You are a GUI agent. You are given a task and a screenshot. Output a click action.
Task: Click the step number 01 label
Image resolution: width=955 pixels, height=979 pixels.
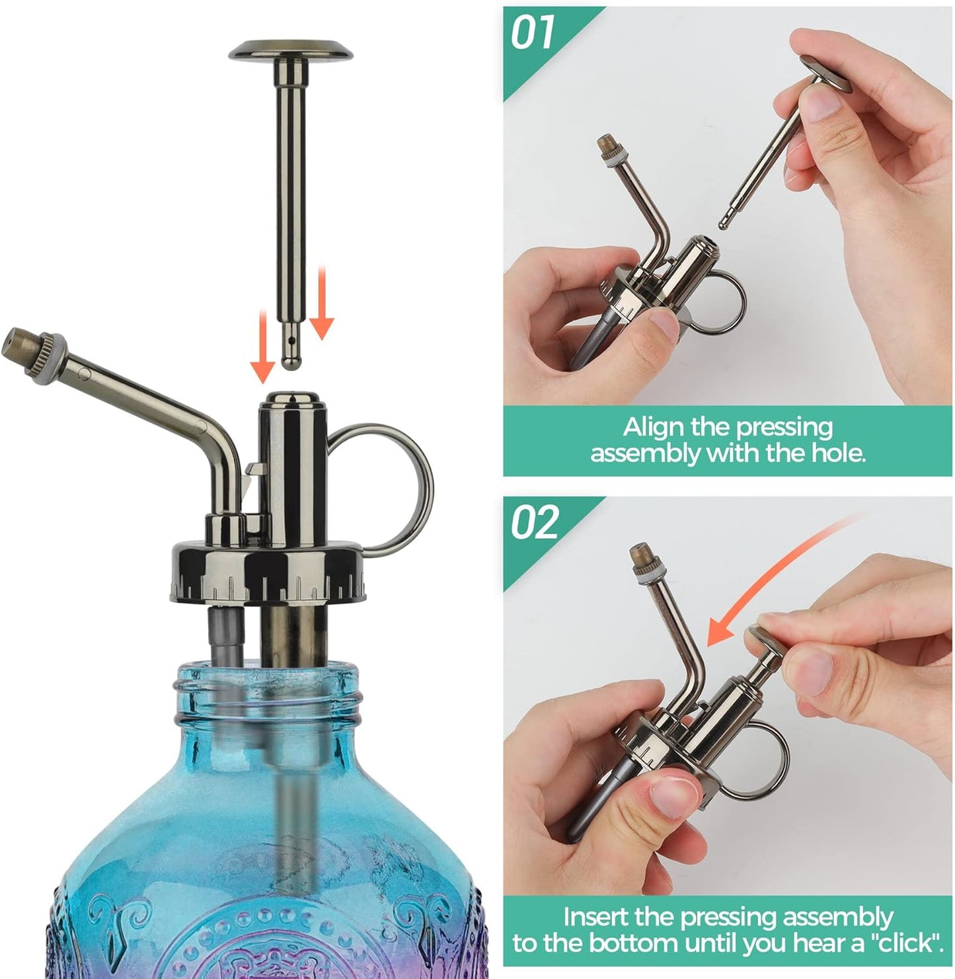533,33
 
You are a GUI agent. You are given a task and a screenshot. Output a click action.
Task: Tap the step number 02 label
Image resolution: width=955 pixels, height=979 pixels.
534,523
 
